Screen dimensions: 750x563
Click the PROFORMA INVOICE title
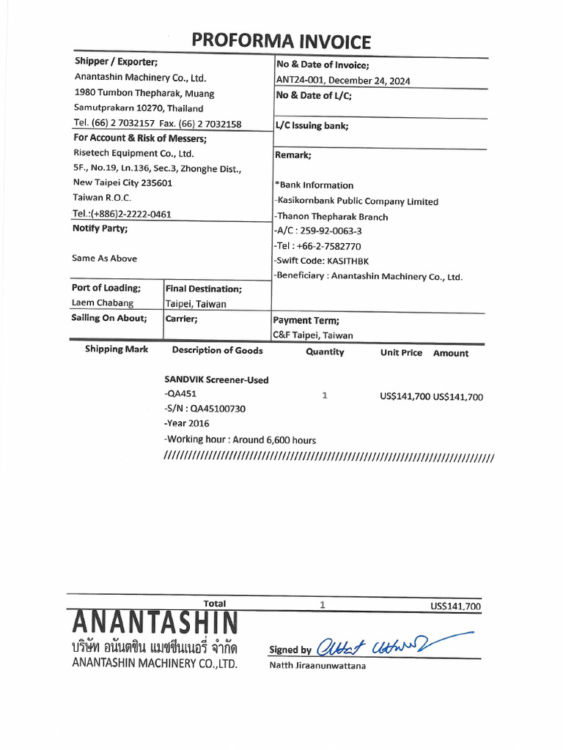click(281, 42)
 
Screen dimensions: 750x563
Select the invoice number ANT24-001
click(300, 81)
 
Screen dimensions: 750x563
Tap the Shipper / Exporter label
click(116, 62)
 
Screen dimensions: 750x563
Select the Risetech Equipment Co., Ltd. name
click(133, 153)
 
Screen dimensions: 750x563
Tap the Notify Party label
click(100, 229)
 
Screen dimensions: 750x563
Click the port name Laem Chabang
click(103, 303)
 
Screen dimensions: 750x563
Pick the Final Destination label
click(203, 289)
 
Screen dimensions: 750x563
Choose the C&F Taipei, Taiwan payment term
click(313, 335)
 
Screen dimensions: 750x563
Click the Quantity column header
click(325, 352)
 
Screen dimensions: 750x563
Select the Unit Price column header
click(401, 353)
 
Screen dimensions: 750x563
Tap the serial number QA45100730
click(217, 409)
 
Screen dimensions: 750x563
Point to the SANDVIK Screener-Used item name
click(216, 380)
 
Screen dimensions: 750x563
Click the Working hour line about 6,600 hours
click(240, 439)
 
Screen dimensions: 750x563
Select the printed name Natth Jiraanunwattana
click(317, 666)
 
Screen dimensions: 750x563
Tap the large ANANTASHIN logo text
click(155, 624)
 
